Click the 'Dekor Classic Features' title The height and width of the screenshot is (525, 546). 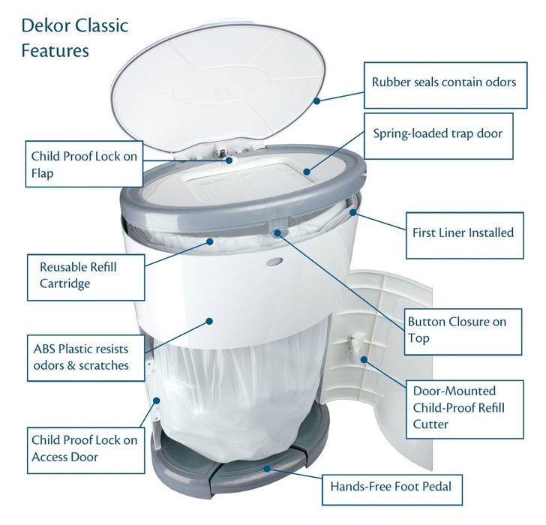pyautogui.click(x=74, y=37)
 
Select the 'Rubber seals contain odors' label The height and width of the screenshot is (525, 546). pyautogui.click(x=443, y=82)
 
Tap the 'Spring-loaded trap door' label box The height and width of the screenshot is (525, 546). pyautogui.click(x=438, y=135)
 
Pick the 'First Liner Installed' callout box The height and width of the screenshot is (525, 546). pyautogui.click(x=463, y=232)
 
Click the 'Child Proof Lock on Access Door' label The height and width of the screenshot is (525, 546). pyautogui.click(x=84, y=448)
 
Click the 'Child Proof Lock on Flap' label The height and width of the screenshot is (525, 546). pyautogui.click(x=84, y=164)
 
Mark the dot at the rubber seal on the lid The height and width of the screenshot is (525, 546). pyautogui.click(x=317, y=100)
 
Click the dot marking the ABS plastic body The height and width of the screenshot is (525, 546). pyautogui.click(x=210, y=320)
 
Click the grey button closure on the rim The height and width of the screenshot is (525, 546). pyautogui.click(x=278, y=229)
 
